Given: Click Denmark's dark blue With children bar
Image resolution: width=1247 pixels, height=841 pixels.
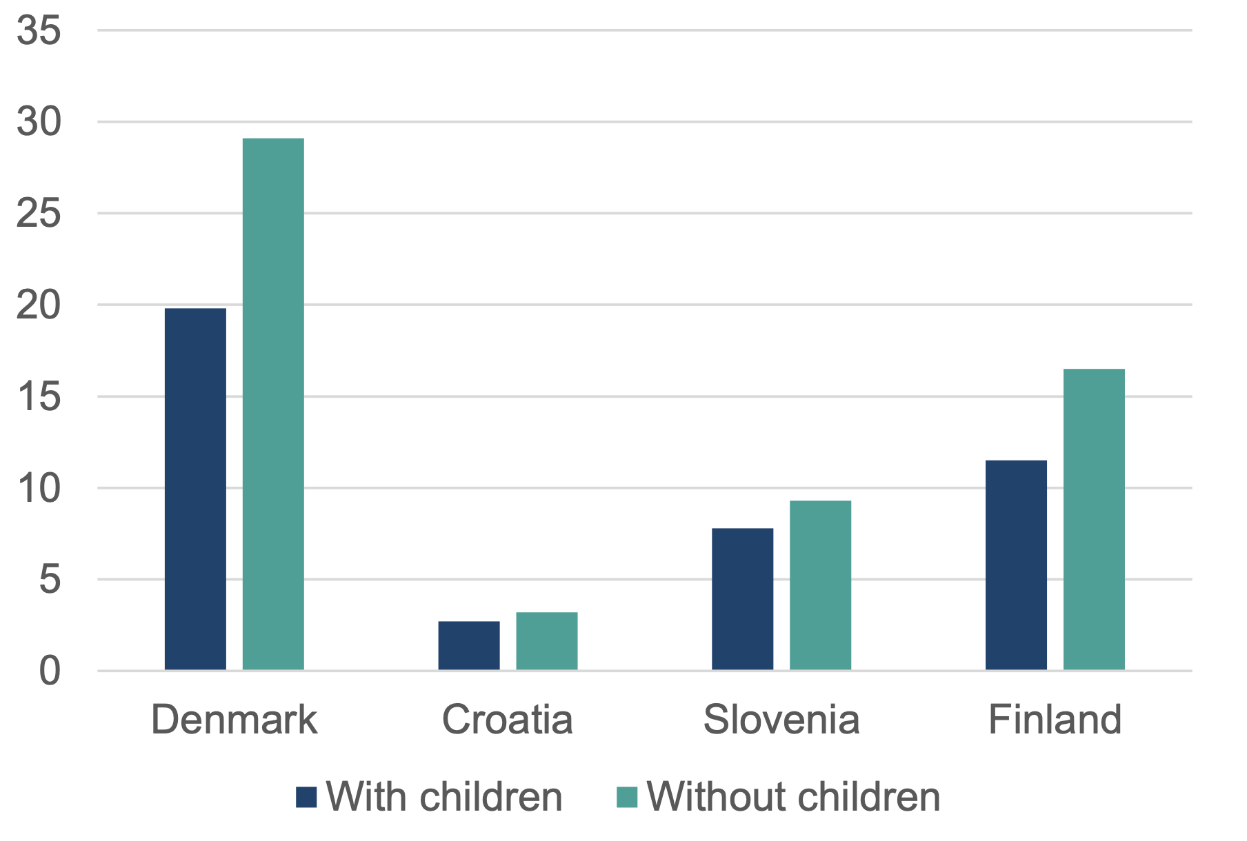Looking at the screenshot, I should click(195, 489).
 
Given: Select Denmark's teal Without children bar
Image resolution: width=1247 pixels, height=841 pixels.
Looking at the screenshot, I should click(273, 404).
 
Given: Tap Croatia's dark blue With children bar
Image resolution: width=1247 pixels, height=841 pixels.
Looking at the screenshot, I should click(468, 645).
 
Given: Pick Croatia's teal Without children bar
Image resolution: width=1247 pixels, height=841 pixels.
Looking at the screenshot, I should click(546, 640).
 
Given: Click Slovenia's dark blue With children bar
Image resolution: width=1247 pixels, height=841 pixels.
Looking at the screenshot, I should click(742, 599).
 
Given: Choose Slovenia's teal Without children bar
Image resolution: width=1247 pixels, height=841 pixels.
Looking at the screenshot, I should click(820, 585).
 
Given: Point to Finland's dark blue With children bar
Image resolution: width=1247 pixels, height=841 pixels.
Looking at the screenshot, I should click(1016, 565).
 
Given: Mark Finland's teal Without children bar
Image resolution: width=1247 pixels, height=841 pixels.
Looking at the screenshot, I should click(1094, 519).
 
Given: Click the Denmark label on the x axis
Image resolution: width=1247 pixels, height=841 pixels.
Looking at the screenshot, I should click(234, 720).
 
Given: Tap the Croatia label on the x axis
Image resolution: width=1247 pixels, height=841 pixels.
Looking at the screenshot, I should click(507, 720).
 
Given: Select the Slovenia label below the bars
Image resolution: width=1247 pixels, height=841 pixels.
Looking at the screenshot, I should click(781, 720).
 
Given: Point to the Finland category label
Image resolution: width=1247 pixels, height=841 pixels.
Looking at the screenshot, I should click(1055, 720).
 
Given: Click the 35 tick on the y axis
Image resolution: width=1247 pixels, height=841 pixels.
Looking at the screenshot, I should click(39, 31).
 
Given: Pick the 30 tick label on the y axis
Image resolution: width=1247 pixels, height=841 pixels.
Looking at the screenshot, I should click(39, 122).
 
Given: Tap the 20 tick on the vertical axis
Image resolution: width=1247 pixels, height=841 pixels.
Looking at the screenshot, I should click(39, 305).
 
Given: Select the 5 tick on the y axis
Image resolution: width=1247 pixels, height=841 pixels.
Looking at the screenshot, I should click(50, 580).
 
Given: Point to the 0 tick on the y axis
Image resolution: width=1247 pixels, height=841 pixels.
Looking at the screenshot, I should click(50, 671).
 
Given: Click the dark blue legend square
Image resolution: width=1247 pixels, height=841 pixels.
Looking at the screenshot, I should click(306, 797).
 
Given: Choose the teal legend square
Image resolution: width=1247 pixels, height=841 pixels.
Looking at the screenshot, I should click(627, 797).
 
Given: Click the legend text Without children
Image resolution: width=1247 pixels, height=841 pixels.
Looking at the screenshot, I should click(793, 797).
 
